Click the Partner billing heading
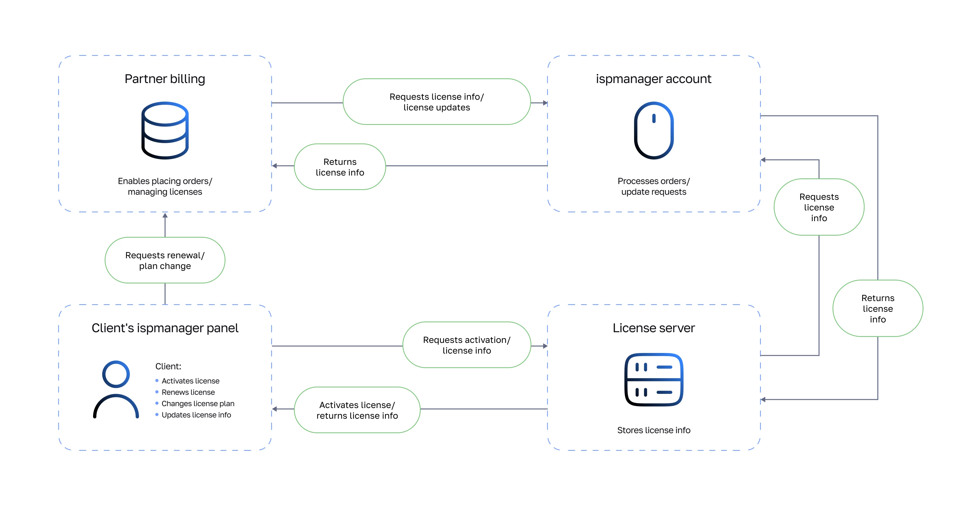tap(165, 79)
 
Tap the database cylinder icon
tap(165, 130)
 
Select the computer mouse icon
tap(654, 130)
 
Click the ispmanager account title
tap(653, 79)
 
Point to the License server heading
tap(654, 328)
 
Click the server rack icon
tap(654, 379)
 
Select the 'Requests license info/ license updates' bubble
tap(437, 102)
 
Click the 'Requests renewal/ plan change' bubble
tap(165, 260)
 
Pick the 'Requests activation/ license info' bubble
tap(467, 345)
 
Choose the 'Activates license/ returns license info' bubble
tap(357, 410)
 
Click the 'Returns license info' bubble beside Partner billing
tap(340, 167)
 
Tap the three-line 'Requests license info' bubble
tap(819, 207)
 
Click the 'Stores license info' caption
tap(654, 430)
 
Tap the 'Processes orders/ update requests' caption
tap(654, 186)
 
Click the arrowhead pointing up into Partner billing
tap(165, 215)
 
